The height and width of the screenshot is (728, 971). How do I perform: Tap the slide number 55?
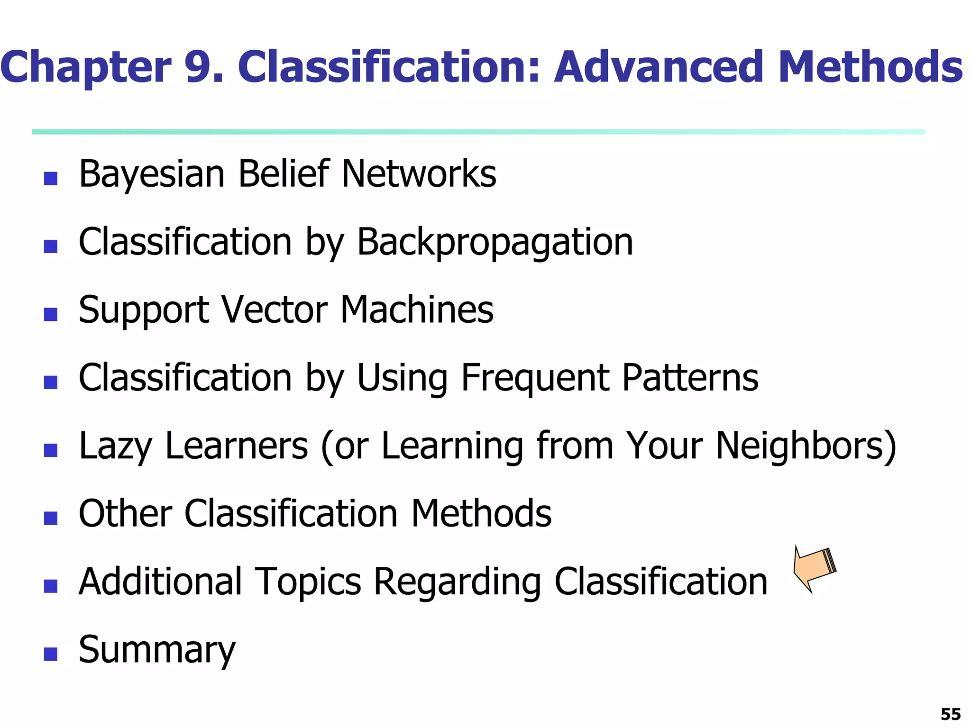[950, 714]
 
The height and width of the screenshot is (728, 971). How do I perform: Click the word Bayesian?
[152, 174]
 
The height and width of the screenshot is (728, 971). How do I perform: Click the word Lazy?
[116, 446]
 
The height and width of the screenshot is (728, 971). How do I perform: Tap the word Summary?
[157, 650]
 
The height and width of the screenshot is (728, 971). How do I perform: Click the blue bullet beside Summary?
[51, 655]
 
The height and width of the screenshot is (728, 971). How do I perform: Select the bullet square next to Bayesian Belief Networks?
[51, 179]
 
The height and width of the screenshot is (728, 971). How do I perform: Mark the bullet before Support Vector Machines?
[51, 315]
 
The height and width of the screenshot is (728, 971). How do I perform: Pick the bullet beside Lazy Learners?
[51, 450]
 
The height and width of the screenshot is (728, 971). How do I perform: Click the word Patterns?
[690, 378]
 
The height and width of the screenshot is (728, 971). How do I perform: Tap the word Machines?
[417, 310]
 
